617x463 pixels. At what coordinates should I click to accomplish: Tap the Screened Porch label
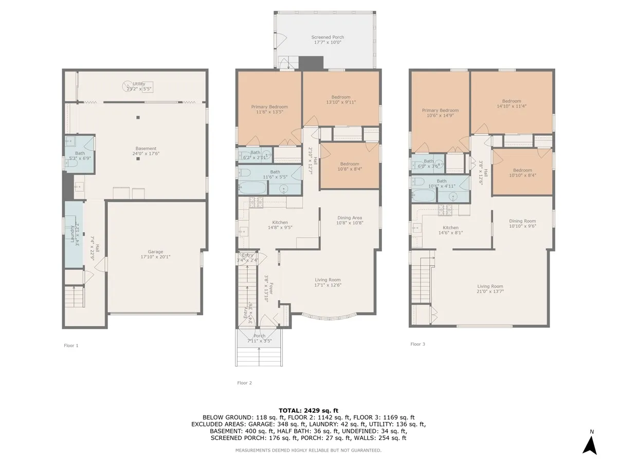(x=328, y=38)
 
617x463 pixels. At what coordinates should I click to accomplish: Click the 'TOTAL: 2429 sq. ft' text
(x=308, y=410)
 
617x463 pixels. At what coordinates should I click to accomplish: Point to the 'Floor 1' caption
(x=71, y=346)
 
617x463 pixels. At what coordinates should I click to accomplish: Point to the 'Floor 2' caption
(x=244, y=383)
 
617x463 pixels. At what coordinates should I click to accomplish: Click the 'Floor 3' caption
(x=418, y=344)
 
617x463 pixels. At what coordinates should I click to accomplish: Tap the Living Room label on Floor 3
(x=490, y=287)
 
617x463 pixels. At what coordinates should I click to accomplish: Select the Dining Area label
(x=350, y=218)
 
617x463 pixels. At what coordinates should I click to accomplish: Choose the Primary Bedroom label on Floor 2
(x=269, y=107)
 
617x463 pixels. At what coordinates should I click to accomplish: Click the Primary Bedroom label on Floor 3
(x=440, y=110)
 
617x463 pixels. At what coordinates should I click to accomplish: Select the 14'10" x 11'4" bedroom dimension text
(x=512, y=106)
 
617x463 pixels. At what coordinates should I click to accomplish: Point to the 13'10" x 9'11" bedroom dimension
(x=341, y=102)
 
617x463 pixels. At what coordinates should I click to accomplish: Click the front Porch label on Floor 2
(x=260, y=336)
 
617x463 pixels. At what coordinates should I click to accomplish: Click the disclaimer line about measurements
(x=308, y=451)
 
